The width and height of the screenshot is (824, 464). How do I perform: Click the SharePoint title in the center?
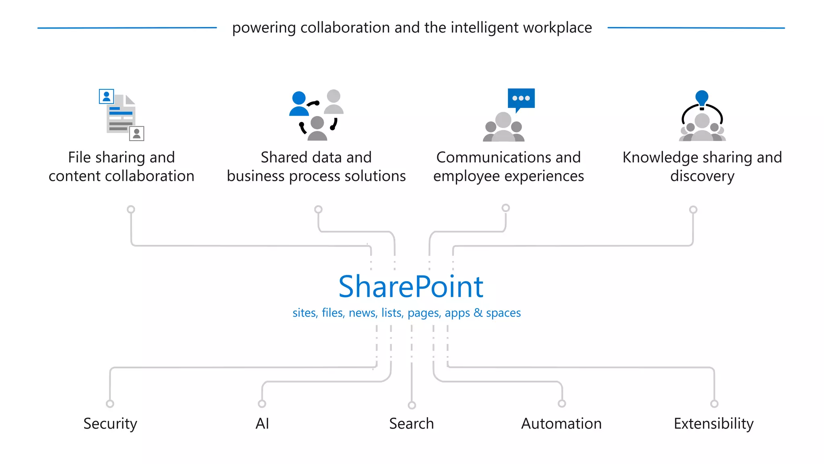click(x=411, y=287)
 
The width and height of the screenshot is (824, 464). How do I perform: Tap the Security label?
click(x=110, y=424)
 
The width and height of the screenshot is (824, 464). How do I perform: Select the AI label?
click(x=262, y=424)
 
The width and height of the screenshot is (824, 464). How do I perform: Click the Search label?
click(x=411, y=424)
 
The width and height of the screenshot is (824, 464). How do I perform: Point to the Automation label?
click(x=561, y=424)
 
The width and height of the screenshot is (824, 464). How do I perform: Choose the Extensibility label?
click(x=713, y=424)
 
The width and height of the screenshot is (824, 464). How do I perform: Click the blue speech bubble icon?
click(x=521, y=99)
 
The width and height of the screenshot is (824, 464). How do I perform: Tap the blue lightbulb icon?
click(x=702, y=98)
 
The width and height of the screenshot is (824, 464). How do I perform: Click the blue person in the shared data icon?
click(x=299, y=104)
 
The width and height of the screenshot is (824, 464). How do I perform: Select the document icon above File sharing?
click(x=121, y=115)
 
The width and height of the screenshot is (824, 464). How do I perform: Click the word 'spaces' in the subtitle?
click(x=503, y=313)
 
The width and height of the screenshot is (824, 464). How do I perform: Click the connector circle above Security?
click(x=110, y=404)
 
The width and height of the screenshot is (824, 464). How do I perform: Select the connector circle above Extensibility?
click(x=714, y=404)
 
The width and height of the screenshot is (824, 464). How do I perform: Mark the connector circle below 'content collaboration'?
click(x=131, y=209)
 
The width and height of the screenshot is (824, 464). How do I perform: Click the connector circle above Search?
click(x=412, y=405)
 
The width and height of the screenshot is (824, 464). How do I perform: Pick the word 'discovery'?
click(x=702, y=176)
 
